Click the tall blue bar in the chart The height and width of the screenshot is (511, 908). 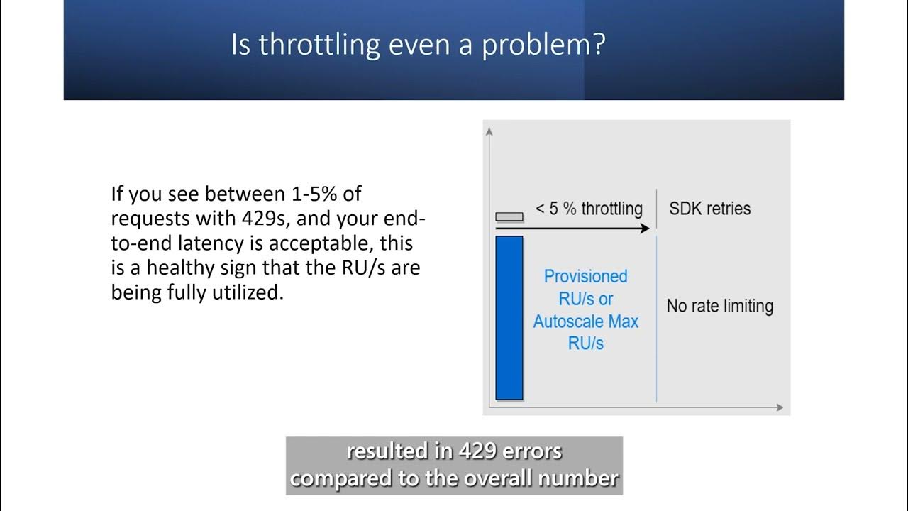(x=509, y=318)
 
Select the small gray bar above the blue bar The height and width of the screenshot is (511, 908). (x=509, y=216)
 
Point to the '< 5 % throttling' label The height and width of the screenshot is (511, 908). (x=589, y=209)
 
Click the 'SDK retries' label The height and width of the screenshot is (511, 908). (x=709, y=209)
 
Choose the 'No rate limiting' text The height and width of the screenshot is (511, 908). (x=719, y=307)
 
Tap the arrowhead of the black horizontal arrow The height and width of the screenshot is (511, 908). (x=645, y=229)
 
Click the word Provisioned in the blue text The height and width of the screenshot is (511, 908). (x=585, y=276)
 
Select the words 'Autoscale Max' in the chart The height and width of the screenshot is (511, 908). (x=585, y=322)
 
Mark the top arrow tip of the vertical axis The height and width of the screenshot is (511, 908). (x=489, y=130)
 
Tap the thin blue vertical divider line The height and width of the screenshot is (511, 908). (x=656, y=319)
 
